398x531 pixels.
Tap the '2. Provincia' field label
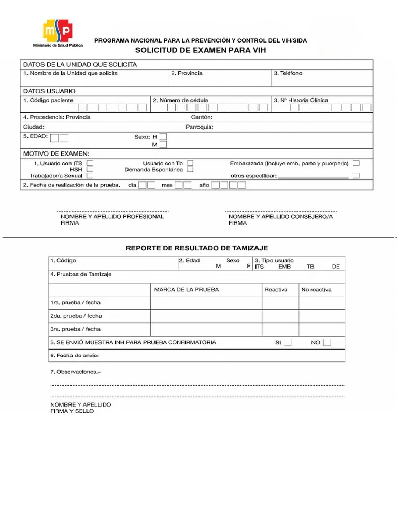click(x=187, y=73)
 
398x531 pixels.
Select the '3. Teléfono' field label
click(x=288, y=73)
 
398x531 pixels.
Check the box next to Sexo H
click(x=163, y=137)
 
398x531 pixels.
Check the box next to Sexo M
click(x=163, y=145)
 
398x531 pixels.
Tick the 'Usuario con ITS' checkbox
click(x=90, y=163)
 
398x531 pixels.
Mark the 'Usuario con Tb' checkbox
click(x=191, y=163)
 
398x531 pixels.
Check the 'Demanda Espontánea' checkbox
click(x=191, y=169)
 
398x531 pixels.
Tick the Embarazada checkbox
click(x=356, y=163)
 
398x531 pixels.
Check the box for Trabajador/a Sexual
click(x=90, y=176)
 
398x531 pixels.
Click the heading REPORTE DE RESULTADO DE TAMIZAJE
click(x=197, y=248)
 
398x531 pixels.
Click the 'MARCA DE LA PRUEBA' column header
click(x=187, y=289)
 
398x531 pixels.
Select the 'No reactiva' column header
click(x=316, y=289)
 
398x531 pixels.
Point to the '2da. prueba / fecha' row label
click(x=76, y=316)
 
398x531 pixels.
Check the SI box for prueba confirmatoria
click(x=288, y=343)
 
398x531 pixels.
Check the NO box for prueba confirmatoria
click(x=326, y=343)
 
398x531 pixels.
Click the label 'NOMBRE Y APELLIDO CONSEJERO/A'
click(x=280, y=217)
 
